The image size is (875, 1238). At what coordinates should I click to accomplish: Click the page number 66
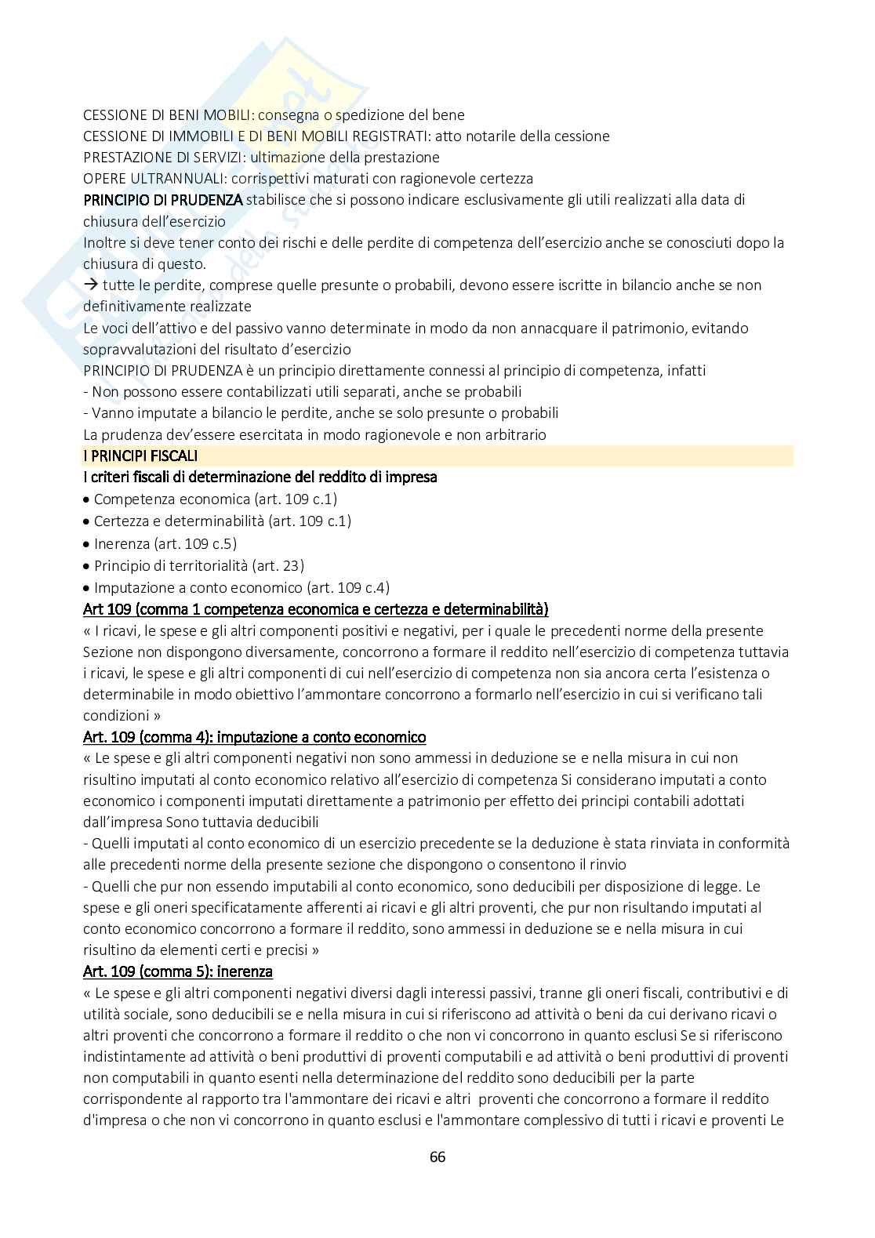pos(437,1156)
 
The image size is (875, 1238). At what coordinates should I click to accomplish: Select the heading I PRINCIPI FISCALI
pos(140,456)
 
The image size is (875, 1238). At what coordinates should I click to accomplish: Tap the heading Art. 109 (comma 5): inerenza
pos(178,971)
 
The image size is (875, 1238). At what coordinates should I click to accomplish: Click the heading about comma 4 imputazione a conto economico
pos(254,737)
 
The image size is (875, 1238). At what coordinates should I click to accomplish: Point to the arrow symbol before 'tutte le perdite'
pos(90,285)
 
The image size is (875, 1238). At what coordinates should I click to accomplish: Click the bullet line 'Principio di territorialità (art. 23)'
pos(198,566)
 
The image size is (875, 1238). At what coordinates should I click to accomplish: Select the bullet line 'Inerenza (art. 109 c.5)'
pos(165,544)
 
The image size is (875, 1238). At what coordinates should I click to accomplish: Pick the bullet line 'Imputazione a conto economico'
pos(241,587)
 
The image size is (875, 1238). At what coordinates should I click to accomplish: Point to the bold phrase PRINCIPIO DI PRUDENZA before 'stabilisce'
pos(162,200)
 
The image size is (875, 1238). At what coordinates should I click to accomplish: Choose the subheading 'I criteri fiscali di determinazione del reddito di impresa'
pos(260,477)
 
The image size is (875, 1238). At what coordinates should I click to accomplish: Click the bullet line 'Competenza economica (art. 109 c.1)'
pos(215,499)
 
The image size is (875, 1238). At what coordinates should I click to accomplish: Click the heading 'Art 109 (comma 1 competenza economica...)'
pos(315,609)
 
